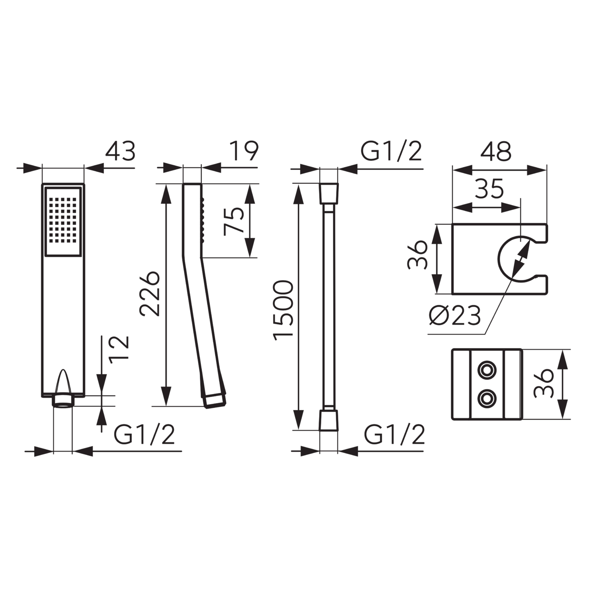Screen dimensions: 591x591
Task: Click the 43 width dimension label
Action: tap(120, 151)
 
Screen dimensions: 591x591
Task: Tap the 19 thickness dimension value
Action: tap(244, 151)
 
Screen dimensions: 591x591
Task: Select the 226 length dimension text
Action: tap(149, 294)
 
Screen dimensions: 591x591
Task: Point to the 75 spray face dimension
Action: tap(234, 221)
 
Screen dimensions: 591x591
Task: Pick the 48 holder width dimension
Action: tap(496, 151)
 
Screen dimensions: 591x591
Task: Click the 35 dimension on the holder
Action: tap(489, 188)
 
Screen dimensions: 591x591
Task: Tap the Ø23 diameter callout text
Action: tap(455, 316)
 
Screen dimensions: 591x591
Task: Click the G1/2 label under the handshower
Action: tap(144, 434)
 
